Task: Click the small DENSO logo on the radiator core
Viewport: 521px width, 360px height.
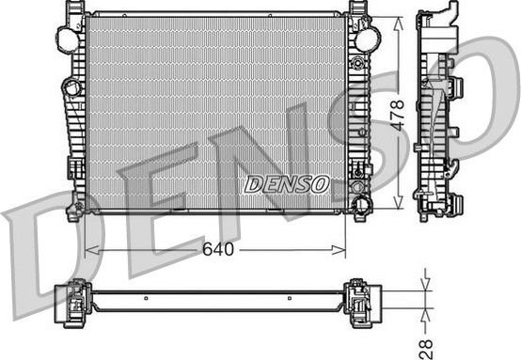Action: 286,184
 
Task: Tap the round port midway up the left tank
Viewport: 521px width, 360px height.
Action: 71,88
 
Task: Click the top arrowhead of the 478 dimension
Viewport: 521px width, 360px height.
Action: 405,20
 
